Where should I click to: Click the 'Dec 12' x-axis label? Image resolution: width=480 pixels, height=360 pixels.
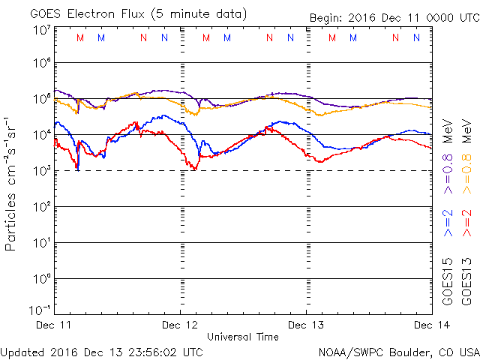point(180,325)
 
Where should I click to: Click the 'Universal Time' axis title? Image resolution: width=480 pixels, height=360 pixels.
point(243,337)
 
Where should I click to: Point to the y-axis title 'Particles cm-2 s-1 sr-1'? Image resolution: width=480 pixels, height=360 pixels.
point(13,184)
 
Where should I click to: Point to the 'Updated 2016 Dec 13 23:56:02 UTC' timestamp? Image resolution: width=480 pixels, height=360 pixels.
point(102,351)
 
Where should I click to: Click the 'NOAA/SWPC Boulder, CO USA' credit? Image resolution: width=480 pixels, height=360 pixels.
point(398,351)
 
